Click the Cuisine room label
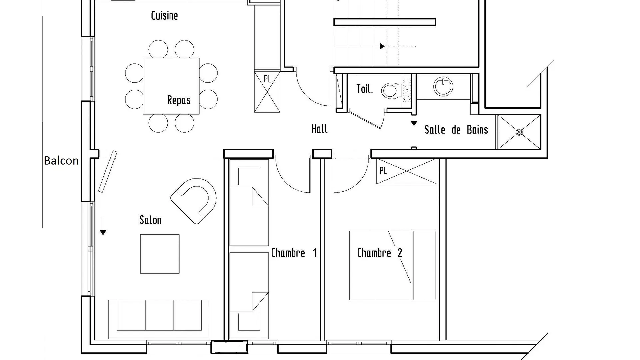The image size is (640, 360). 164,16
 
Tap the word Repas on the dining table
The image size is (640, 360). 179,100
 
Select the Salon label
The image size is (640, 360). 150,220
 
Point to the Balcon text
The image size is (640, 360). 61,161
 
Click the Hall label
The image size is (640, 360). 319,129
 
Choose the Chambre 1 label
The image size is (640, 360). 294,253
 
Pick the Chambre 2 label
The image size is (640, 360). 380,253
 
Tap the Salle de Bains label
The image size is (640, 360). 456,130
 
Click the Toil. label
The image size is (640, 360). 365,89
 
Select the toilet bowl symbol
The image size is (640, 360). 392,90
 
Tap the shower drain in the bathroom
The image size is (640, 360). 519,132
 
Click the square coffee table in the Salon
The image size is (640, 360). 160,254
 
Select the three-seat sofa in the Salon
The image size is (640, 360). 159,319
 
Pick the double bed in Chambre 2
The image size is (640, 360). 393,265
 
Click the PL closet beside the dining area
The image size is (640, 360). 267,91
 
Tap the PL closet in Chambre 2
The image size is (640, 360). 407,171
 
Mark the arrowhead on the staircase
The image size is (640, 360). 382,46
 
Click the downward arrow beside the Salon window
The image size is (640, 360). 103,226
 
